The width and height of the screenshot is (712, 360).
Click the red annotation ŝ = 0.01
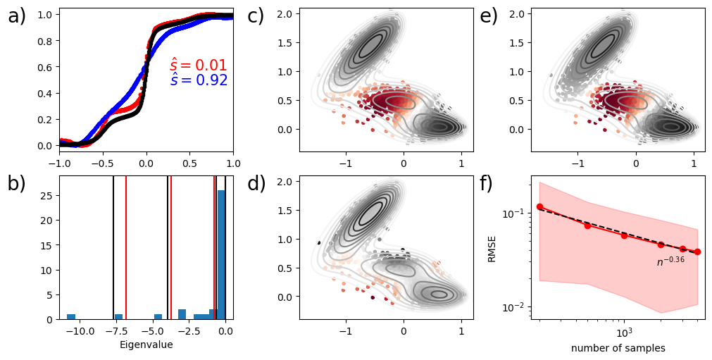point(199,66)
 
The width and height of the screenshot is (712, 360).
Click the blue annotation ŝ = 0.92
point(199,80)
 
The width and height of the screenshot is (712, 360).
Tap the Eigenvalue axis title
point(146,345)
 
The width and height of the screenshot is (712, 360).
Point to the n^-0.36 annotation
point(670,261)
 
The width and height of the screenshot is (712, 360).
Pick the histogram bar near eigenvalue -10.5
point(71,316)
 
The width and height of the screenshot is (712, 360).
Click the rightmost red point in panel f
point(697,252)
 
